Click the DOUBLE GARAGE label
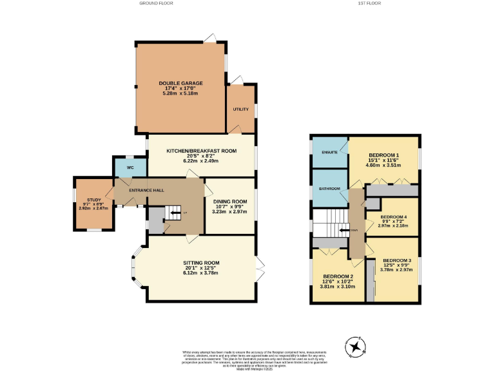coord(181,83)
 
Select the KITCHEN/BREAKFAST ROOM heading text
coord(202,151)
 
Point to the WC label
coord(130,167)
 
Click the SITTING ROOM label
coord(202,263)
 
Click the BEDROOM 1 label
coord(383,156)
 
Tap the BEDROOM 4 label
coord(393,217)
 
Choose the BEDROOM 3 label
coord(396,260)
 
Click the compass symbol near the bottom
coord(355,347)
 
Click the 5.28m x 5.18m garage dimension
coord(181,94)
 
